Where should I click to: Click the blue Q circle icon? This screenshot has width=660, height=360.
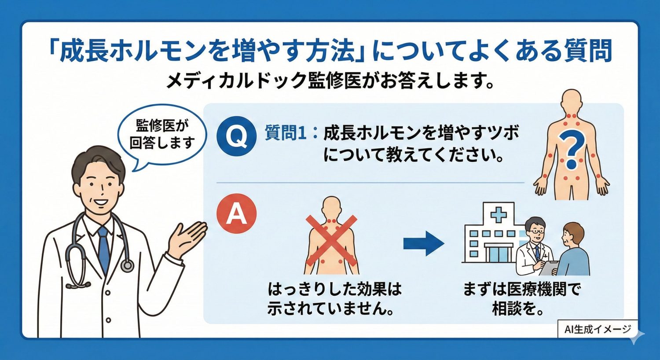tap(237, 136)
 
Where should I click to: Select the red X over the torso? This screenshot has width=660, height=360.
tap(331, 240)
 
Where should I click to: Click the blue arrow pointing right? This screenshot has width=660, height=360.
tap(423, 243)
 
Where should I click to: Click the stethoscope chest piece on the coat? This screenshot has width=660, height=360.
tap(127, 265)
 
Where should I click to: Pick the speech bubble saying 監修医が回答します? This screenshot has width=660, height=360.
tap(161, 134)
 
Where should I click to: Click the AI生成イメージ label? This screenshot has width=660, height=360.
tap(597, 329)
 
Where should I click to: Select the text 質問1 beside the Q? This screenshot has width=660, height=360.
tap(286, 132)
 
